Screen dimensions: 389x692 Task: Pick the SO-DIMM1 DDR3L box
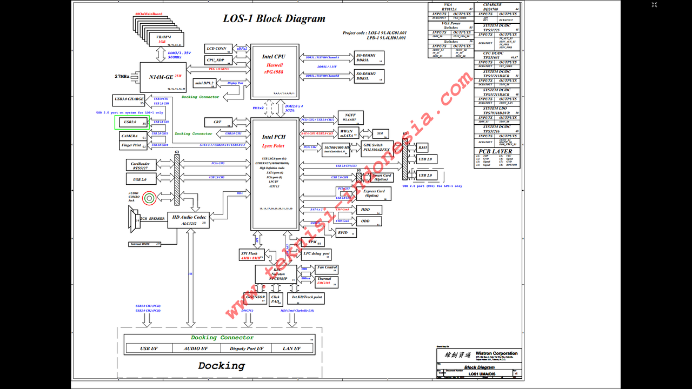[369, 58]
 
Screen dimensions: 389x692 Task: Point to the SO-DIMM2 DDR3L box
[369, 76]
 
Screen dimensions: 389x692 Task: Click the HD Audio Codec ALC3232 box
[188, 220]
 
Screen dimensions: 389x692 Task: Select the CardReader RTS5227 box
[141, 165]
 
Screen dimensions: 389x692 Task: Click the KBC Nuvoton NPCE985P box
[276, 273]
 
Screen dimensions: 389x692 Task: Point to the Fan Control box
[327, 269]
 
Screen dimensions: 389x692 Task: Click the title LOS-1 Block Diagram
[274, 19]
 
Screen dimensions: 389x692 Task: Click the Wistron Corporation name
[496, 353]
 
